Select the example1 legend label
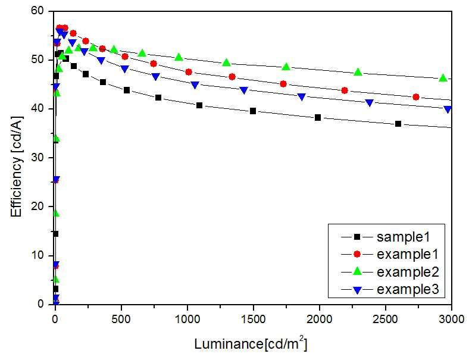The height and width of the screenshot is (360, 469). click(x=407, y=254)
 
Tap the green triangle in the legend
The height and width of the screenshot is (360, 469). click(x=357, y=271)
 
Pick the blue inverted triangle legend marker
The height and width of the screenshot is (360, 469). click(x=357, y=290)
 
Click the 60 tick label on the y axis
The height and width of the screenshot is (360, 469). click(x=37, y=11)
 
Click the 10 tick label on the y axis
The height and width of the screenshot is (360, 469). click(x=37, y=255)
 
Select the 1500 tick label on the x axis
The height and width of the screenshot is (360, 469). click(x=253, y=320)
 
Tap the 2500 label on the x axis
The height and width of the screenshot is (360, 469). click(x=385, y=320)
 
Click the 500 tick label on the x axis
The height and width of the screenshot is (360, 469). click(x=121, y=320)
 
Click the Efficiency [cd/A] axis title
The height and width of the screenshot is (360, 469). click(x=17, y=166)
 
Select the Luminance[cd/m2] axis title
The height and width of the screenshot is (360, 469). click(x=251, y=343)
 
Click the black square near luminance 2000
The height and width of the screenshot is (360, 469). click(x=318, y=117)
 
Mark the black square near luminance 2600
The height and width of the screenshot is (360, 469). click(x=398, y=124)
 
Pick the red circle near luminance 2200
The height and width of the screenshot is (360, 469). click(x=345, y=90)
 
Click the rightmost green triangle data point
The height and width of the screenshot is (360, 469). click(x=443, y=79)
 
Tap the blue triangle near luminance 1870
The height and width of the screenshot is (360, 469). click(x=302, y=97)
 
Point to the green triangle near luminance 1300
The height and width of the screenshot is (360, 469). click(x=226, y=62)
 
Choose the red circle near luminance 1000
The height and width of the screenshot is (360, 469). click(x=189, y=72)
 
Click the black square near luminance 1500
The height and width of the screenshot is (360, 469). click(x=253, y=111)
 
